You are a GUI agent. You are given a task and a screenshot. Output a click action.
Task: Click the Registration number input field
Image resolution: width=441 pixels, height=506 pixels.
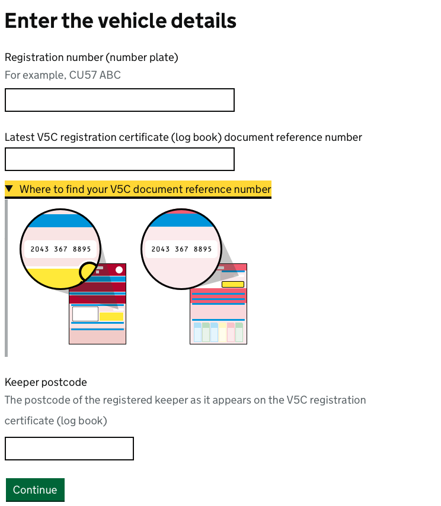click(119, 100)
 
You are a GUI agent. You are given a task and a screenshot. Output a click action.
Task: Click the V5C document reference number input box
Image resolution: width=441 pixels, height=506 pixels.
click(119, 159)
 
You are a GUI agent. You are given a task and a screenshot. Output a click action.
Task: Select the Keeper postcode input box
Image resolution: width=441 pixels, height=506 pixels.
click(69, 449)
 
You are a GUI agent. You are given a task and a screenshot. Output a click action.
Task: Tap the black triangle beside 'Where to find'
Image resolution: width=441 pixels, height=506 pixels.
click(9, 189)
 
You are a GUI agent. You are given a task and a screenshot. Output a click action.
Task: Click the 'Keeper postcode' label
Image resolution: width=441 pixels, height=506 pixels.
click(46, 382)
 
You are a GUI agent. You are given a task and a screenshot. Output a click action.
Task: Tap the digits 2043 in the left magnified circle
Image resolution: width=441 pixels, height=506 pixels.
click(40, 249)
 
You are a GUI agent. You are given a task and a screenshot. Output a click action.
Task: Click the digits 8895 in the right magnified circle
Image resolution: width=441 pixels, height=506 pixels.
click(203, 249)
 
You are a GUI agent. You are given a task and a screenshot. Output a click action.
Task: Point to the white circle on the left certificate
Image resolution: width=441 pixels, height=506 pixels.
click(119, 270)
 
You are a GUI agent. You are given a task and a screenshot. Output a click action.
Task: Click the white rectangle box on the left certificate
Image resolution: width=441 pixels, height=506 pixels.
click(85, 314)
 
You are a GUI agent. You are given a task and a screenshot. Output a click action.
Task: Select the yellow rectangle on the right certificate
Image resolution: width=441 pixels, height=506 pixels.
click(232, 285)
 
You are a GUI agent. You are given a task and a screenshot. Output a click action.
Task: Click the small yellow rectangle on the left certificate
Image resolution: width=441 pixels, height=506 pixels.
click(111, 317)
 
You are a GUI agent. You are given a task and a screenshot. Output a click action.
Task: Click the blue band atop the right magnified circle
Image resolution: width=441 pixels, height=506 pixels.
click(181, 220)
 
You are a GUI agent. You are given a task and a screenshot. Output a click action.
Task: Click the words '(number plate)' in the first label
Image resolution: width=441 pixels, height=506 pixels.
click(142, 57)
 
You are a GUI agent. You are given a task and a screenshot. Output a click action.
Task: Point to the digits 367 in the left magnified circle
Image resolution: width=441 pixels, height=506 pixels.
click(60, 249)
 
